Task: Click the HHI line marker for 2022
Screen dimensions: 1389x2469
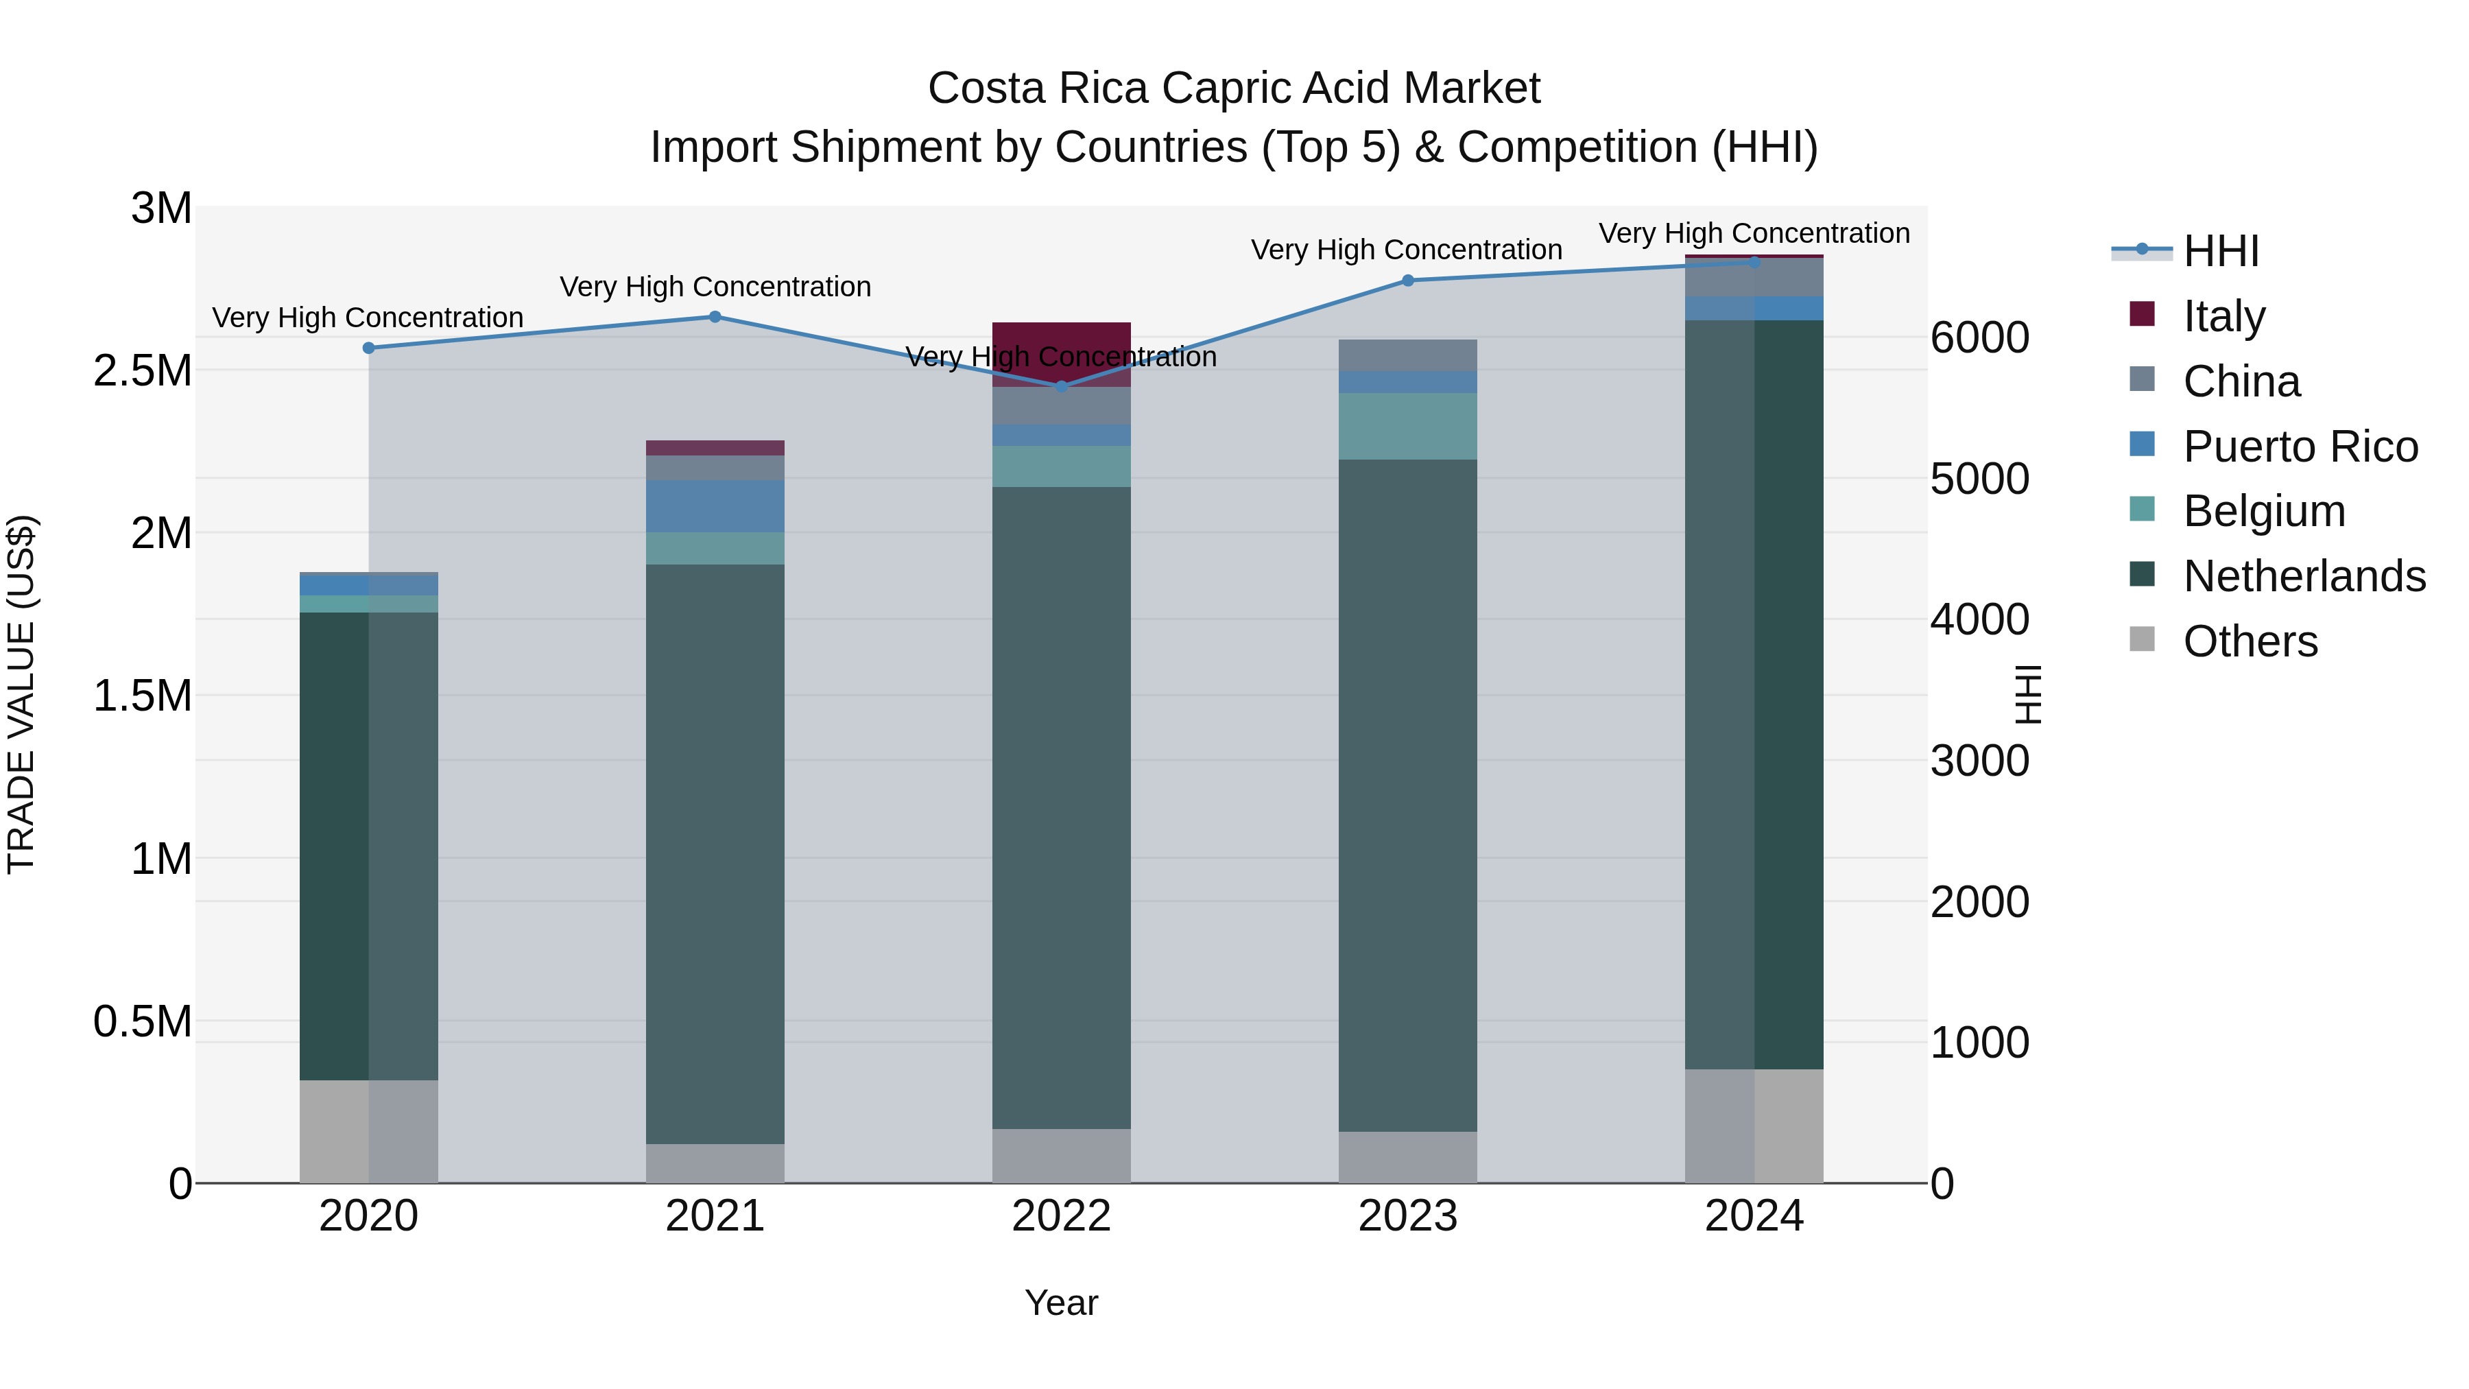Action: click(1061, 386)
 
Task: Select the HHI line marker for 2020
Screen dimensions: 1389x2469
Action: click(369, 348)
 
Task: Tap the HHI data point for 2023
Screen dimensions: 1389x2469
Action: click(1408, 281)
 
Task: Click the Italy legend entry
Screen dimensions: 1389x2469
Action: click(2223, 316)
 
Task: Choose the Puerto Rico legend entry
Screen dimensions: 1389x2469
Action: click(2300, 447)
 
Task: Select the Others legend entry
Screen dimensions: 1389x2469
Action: click(2250, 641)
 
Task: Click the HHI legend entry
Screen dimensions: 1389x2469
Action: click(2220, 251)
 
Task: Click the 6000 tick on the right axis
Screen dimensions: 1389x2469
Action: click(1979, 337)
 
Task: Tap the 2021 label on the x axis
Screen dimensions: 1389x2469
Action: click(715, 1216)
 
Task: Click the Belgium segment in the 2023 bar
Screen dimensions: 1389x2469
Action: click(1408, 427)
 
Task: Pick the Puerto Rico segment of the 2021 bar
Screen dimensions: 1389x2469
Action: click(715, 506)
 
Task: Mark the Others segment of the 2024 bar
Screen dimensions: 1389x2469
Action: click(1754, 1126)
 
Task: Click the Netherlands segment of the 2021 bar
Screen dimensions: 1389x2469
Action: click(715, 853)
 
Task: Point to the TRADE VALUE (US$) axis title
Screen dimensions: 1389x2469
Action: click(21, 694)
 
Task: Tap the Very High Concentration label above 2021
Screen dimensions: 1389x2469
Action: click(715, 287)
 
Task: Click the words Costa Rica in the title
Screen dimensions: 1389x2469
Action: click(1037, 88)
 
